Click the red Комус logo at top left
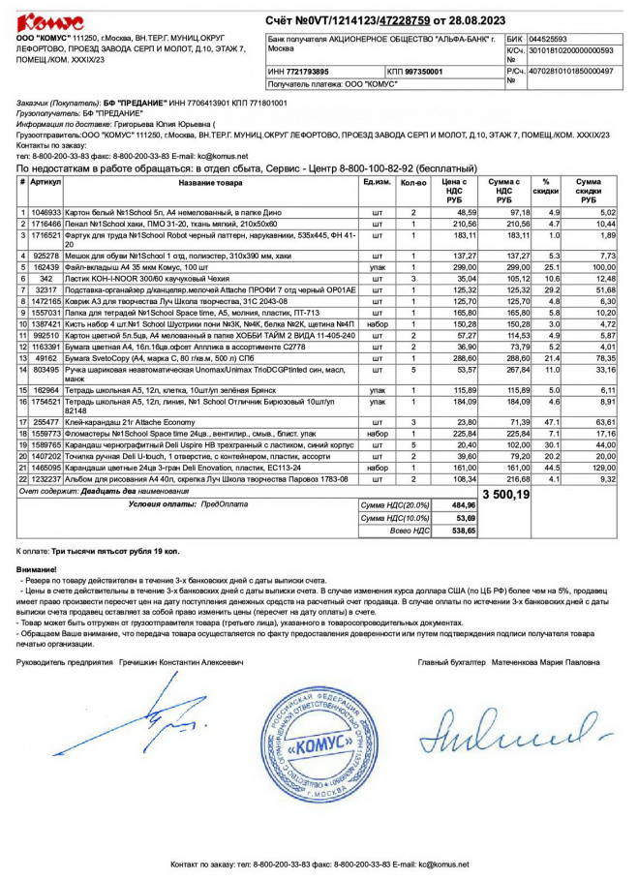click(x=50, y=20)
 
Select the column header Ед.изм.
click(x=377, y=182)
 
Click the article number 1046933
click(x=46, y=212)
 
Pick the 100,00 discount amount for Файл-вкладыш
click(x=604, y=266)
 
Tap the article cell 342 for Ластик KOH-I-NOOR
click(x=46, y=278)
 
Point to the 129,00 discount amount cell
click(x=604, y=468)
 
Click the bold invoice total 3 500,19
click(x=505, y=494)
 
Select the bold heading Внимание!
click(x=37, y=569)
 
